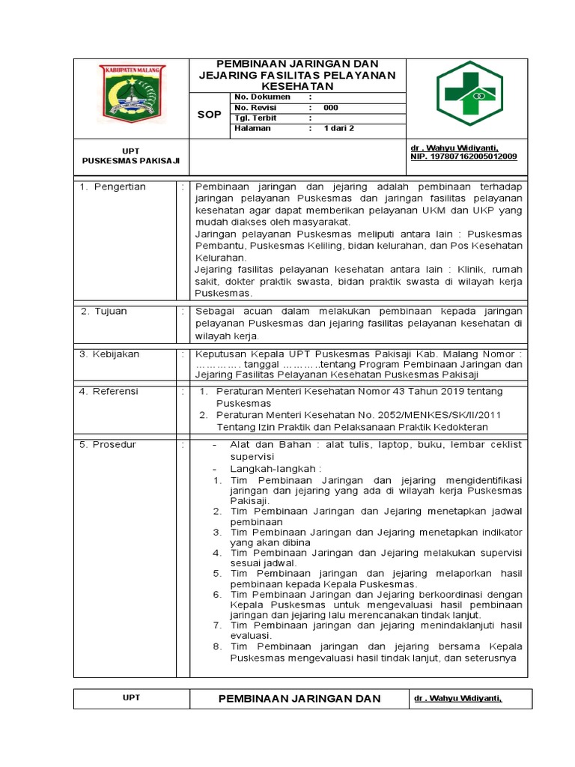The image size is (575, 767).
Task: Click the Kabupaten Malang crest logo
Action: (x=132, y=94)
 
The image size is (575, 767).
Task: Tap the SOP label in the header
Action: (x=209, y=115)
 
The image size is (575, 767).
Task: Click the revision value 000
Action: (x=331, y=108)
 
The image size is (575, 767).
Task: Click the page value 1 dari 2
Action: (x=338, y=129)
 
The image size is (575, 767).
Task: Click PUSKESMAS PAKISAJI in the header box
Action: (x=131, y=161)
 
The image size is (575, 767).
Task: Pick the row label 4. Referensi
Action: (x=109, y=391)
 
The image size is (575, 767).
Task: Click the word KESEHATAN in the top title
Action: (x=297, y=87)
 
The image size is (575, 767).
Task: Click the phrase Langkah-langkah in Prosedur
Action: (x=266, y=467)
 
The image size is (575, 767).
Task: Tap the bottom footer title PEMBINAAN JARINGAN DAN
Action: (x=299, y=699)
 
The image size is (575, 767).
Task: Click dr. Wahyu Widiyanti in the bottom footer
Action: (x=456, y=699)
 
